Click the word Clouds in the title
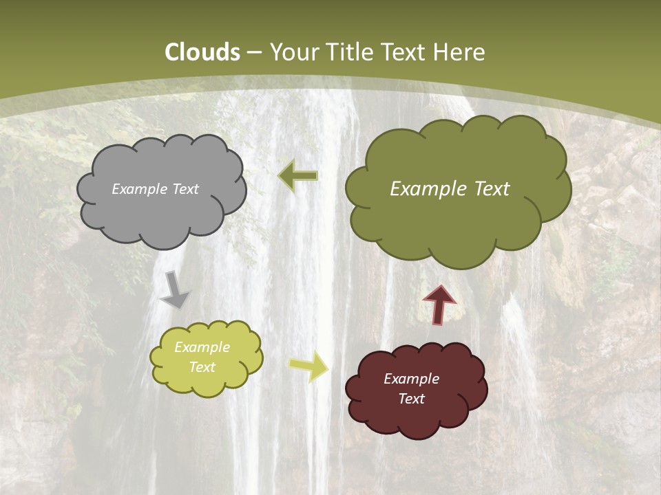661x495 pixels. click(x=202, y=52)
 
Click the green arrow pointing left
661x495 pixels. click(x=297, y=176)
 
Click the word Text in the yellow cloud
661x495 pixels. click(x=202, y=367)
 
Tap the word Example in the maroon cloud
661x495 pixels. click(x=411, y=379)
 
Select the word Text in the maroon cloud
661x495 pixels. click(x=411, y=399)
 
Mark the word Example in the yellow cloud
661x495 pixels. click(x=202, y=347)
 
